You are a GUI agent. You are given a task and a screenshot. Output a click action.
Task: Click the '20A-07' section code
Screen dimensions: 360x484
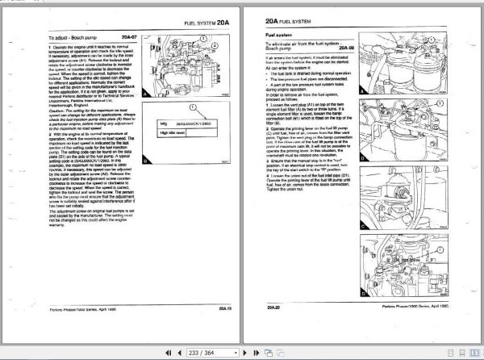coord(132,37)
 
